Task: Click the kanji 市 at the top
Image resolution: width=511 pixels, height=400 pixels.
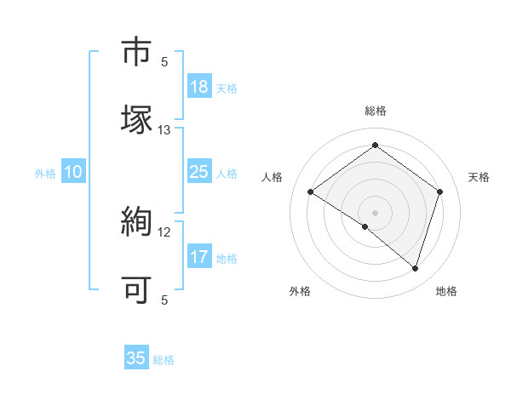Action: point(137,52)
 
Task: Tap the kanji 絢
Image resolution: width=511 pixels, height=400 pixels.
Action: point(137,223)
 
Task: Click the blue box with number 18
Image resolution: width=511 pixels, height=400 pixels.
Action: point(198,87)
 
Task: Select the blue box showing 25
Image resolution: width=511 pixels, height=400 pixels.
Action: point(198,172)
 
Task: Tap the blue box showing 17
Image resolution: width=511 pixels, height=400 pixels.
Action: point(198,257)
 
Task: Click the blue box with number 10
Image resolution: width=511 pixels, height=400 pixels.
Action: point(73,172)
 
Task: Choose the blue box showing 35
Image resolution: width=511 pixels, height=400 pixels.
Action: point(136,358)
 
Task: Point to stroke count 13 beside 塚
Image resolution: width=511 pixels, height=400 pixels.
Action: point(164,130)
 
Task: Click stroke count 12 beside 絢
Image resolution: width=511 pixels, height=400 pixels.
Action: point(164,232)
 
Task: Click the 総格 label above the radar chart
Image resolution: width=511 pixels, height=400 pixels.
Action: point(375,111)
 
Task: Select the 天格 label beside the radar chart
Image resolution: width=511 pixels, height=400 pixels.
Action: point(479,177)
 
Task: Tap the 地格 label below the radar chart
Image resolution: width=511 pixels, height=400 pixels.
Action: point(446,291)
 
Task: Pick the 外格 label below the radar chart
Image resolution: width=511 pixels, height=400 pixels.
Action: point(300,291)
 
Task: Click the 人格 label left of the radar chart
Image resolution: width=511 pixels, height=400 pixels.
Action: point(272,177)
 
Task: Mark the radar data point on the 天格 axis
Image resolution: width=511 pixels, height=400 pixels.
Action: point(440,192)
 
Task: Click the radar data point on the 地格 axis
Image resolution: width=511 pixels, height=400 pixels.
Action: point(415,268)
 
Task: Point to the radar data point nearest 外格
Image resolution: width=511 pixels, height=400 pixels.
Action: point(365,226)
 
